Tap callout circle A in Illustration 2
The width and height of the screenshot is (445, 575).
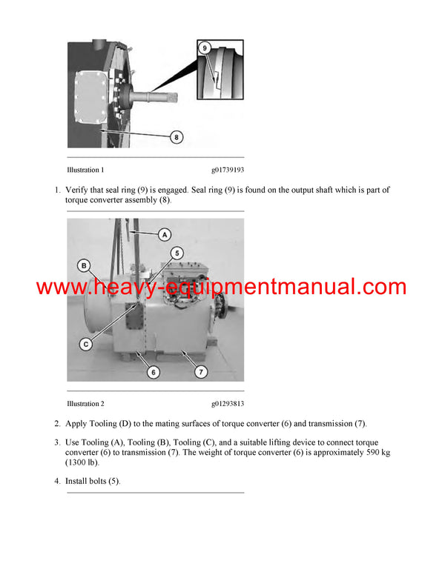click(x=165, y=234)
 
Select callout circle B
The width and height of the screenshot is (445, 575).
click(x=85, y=265)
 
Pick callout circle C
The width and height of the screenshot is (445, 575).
click(x=87, y=344)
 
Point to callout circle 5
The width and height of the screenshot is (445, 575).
click(x=177, y=253)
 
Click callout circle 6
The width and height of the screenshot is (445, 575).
click(x=154, y=372)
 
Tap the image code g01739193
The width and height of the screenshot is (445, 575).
click(x=227, y=170)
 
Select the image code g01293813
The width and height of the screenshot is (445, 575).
click(x=227, y=404)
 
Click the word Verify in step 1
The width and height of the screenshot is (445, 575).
click(x=78, y=190)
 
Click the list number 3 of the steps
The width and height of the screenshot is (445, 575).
click(x=57, y=443)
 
